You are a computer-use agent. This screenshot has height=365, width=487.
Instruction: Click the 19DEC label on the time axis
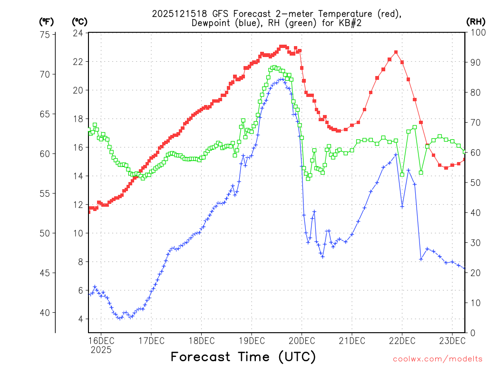[x=251, y=340]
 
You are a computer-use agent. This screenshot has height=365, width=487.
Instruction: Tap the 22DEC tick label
[x=402, y=340]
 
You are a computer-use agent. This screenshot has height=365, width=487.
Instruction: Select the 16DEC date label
[x=101, y=340]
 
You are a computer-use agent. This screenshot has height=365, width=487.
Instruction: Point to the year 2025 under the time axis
[x=101, y=350]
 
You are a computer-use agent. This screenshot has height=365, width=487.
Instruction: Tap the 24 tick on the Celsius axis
[x=78, y=33]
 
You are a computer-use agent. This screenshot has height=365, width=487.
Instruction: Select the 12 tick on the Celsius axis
[x=78, y=205]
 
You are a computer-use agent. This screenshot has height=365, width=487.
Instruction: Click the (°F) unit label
[x=46, y=21]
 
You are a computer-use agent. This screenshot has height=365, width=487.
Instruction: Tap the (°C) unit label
[x=79, y=21]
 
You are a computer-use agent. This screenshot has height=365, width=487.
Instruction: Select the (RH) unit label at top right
[x=476, y=21]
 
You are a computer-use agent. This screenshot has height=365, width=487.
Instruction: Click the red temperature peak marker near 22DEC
[x=396, y=52]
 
